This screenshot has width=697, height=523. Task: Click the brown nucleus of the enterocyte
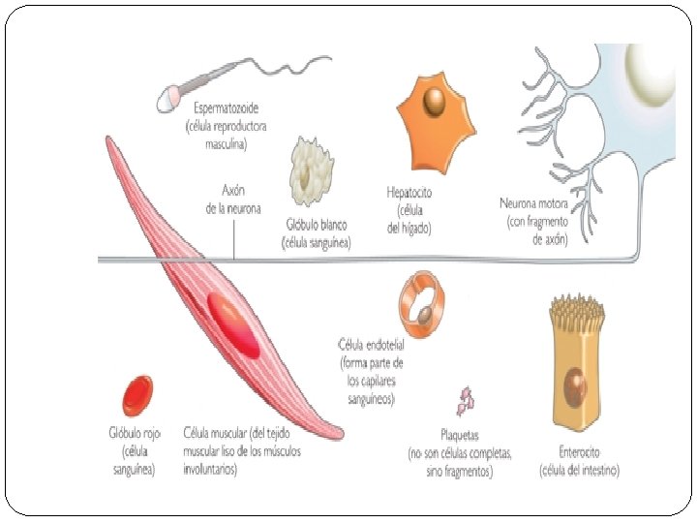pyautogui.click(x=575, y=387)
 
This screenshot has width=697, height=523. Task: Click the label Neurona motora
pyautogui.click(x=533, y=203)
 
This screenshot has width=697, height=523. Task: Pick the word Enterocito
pyautogui.click(x=579, y=452)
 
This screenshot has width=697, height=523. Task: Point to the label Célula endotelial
pyautogui.click(x=371, y=345)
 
